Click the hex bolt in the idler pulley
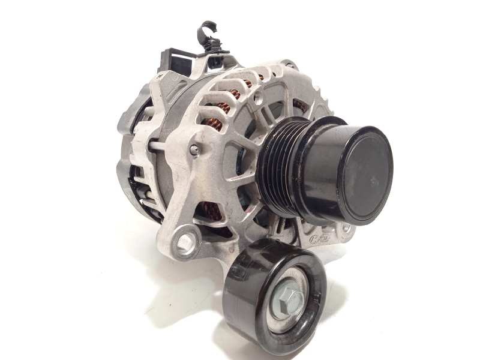point(288,298)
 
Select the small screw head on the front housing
point(194,150)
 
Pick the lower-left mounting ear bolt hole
point(185,242)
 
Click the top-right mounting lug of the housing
point(290,65)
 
